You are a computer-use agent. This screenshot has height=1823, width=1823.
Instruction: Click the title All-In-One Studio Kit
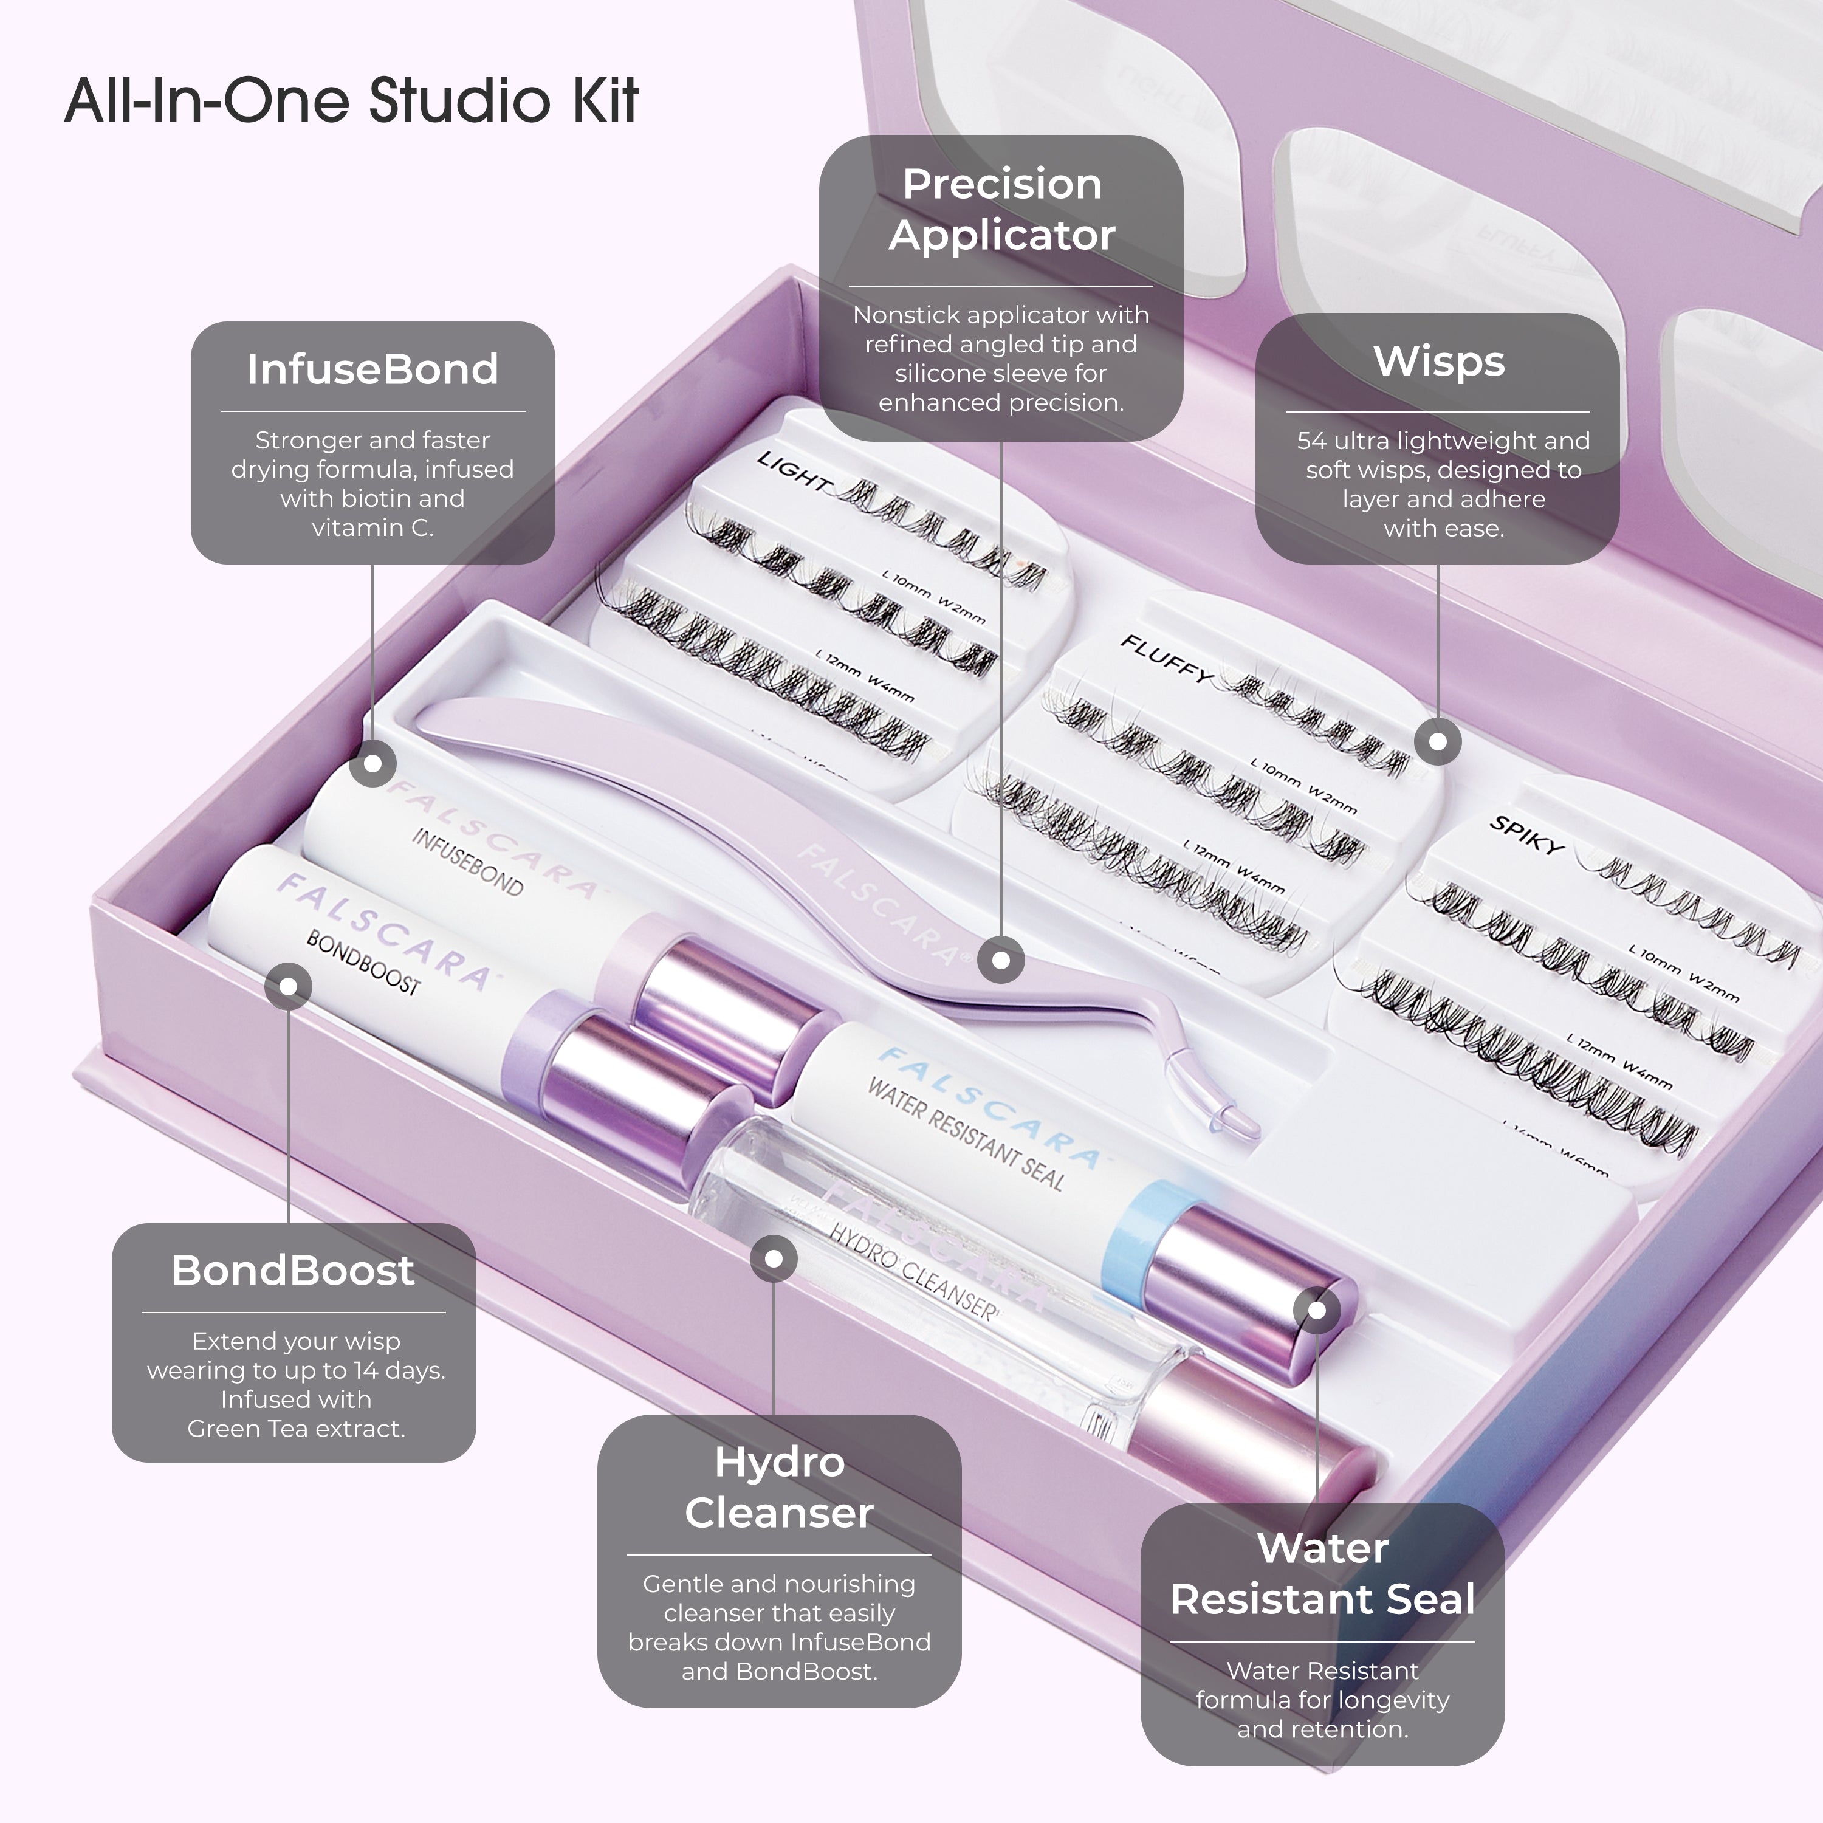tap(351, 100)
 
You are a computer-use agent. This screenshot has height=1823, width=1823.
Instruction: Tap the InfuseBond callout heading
tap(372, 369)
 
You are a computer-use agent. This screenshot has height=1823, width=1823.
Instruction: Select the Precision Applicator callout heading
tap(1001, 208)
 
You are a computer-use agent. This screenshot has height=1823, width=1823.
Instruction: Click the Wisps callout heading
tap(1438, 362)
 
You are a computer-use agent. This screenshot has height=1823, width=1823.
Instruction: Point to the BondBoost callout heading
tap(292, 1271)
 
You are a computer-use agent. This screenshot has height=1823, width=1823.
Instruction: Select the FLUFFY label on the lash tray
tap(1166, 657)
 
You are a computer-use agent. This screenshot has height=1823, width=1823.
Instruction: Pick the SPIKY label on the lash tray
tap(1526, 835)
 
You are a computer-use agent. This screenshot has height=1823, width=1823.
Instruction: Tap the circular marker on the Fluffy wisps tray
tap(1437, 741)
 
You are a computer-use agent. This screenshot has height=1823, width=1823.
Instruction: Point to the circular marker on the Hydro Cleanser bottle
tap(774, 1258)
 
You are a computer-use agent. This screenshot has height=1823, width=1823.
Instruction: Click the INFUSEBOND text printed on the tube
tap(467, 862)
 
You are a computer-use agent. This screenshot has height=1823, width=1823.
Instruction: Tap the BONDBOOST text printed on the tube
tap(363, 963)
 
